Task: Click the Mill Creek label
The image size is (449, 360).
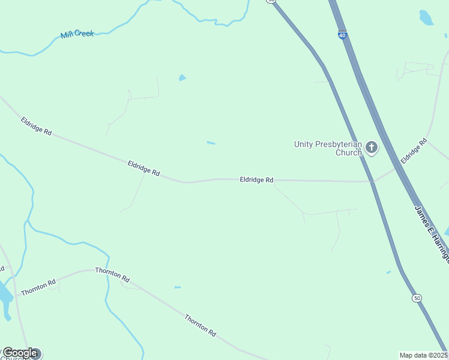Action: [x=77, y=34]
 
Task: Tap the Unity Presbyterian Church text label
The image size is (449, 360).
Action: [x=328, y=148]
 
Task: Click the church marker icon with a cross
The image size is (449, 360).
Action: [x=372, y=147]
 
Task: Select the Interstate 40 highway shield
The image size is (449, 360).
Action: [x=342, y=35]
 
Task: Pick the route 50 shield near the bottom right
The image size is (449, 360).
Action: [x=416, y=298]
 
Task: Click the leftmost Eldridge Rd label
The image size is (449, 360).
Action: [x=36, y=126]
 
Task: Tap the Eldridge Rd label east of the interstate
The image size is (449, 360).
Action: [x=413, y=151]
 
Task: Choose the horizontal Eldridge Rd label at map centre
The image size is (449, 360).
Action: [x=256, y=179]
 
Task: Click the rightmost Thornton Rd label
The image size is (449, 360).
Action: [x=200, y=325]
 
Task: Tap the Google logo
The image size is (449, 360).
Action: [x=20, y=353]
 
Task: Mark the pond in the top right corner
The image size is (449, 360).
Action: [x=426, y=18]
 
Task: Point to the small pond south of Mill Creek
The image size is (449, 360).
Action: [x=182, y=77]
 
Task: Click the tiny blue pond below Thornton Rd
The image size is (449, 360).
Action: [x=178, y=287]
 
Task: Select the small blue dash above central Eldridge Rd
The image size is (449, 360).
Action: [x=211, y=143]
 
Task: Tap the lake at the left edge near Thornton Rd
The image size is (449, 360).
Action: [x=5, y=295]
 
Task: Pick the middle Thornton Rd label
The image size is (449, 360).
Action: [x=112, y=275]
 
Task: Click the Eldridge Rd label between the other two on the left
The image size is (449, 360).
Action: [x=143, y=168]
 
